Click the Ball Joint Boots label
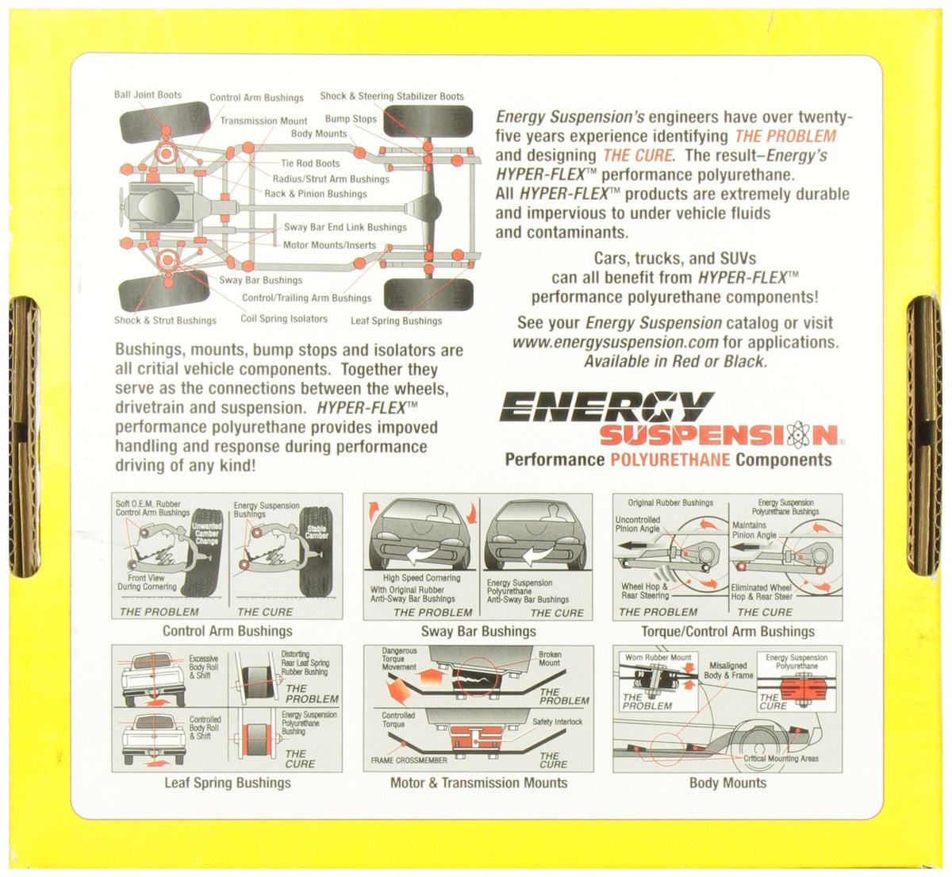click(x=148, y=95)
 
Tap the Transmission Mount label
click(x=263, y=121)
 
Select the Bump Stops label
click(x=351, y=119)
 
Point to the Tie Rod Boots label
click(x=310, y=163)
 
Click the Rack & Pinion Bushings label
click(x=316, y=194)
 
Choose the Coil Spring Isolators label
click(x=284, y=318)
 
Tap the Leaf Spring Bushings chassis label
click(x=397, y=321)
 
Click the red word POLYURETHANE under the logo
click(x=670, y=460)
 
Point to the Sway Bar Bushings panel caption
click(x=478, y=631)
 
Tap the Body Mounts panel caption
click(x=727, y=783)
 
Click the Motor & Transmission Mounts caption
click(x=479, y=783)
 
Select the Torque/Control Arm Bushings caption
click(x=727, y=632)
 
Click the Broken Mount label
click(x=550, y=659)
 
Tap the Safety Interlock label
click(x=557, y=721)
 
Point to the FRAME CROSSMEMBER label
click(x=409, y=760)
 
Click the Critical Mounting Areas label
click(x=781, y=758)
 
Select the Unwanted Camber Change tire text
click(x=206, y=534)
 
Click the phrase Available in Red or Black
click(x=675, y=361)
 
